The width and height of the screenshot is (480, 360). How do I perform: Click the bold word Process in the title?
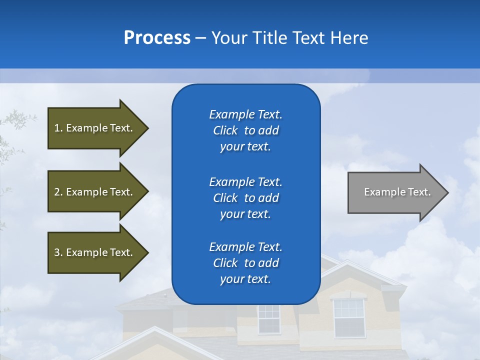(157, 38)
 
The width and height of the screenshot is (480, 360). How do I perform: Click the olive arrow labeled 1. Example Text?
(95, 128)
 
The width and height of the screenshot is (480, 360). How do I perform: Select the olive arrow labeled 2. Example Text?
(95, 192)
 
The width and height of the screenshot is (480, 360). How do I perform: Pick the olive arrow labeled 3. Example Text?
(95, 252)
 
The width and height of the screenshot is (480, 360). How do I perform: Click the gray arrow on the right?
(395, 192)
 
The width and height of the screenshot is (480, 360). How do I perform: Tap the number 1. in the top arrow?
(58, 128)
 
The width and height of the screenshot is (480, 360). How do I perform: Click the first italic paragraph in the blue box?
(245, 130)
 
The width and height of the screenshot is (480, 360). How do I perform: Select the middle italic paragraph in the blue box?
(245, 198)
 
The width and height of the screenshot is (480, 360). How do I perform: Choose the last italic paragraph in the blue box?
(245, 263)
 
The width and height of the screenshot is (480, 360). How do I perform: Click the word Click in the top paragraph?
(225, 130)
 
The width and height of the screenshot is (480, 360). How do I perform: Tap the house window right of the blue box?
(349, 317)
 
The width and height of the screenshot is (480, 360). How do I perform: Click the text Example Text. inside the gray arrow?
(397, 192)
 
